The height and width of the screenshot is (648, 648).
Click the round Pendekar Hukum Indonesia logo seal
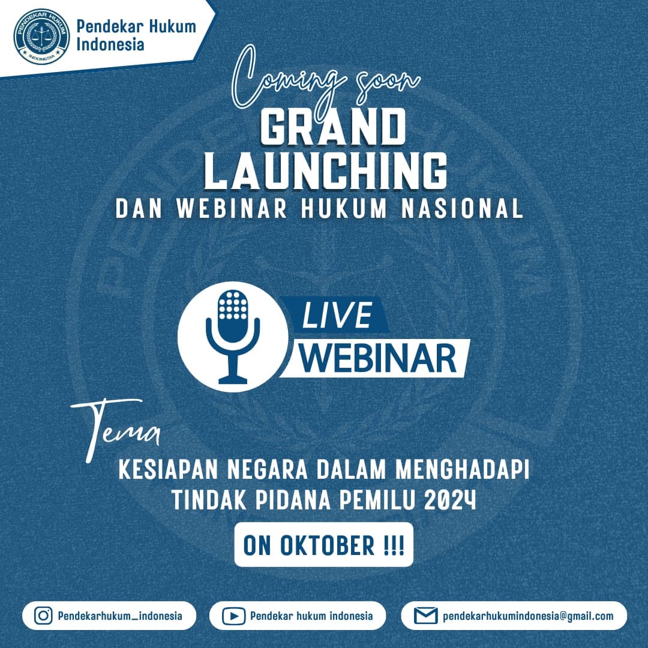pyautogui.click(x=41, y=37)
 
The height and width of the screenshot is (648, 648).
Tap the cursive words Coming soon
pyautogui.click(x=325, y=79)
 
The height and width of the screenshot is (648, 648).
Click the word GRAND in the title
pyautogui.click(x=332, y=127)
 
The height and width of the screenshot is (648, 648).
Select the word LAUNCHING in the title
pyautogui.click(x=326, y=171)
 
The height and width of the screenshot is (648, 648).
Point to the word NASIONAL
pyautogui.click(x=462, y=208)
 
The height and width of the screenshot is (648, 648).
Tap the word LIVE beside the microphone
pyautogui.click(x=337, y=315)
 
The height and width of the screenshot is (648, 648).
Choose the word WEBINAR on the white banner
pyautogui.click(x=378, y=358)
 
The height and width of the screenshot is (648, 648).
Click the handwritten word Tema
pyautogui.click(x=116, y=430)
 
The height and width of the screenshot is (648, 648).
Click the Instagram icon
pyautogui.click(x=43, y=616)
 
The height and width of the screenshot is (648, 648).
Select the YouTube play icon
pyautogui.click(x=233, y=616)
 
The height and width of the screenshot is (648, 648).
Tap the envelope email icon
pyautogui.click(x=425, y=616)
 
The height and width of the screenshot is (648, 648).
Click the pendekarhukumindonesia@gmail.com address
pyautogui.click(x=528, y=616)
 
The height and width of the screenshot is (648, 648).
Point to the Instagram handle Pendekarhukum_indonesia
pyautogui.click(x=120, y=616)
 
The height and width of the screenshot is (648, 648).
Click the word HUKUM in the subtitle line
pyautogui.click(x=344, y=208)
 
